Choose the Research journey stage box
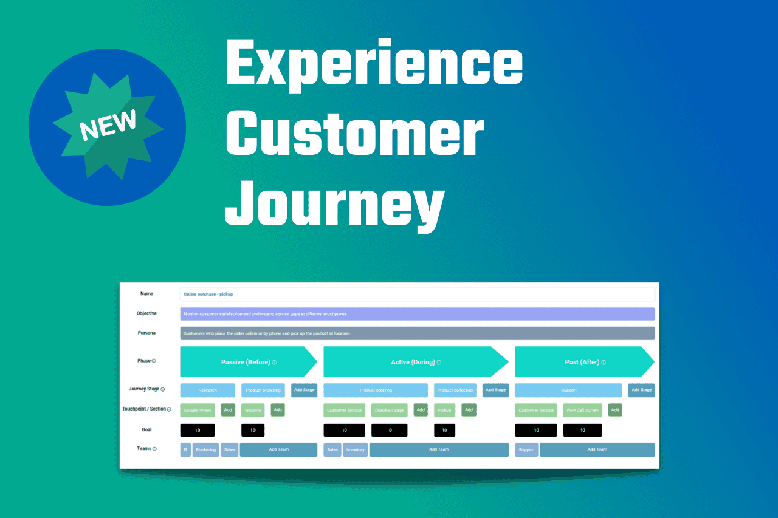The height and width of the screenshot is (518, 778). pos(207,390)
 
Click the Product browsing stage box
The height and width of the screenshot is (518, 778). pos(263,390)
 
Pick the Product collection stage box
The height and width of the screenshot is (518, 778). pos(455,390)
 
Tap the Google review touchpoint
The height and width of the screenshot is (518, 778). pos(198,410)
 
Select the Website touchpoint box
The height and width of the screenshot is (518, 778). pos(253,410)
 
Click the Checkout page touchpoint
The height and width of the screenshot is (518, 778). pos(389,410)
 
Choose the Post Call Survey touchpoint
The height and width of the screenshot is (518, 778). pos(582,410)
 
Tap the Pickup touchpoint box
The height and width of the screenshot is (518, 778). pos(444,410)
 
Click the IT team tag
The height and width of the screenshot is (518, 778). pos(185,449)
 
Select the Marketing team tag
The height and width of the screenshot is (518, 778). pos(205,449)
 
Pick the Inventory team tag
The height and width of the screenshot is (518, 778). pos(355,449)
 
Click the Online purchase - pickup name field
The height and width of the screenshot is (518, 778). pos(417,294)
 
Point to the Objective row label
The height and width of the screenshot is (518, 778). pos(146,313)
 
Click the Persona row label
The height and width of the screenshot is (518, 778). pos(146,333)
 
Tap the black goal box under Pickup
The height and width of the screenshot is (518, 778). pos(444,430)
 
